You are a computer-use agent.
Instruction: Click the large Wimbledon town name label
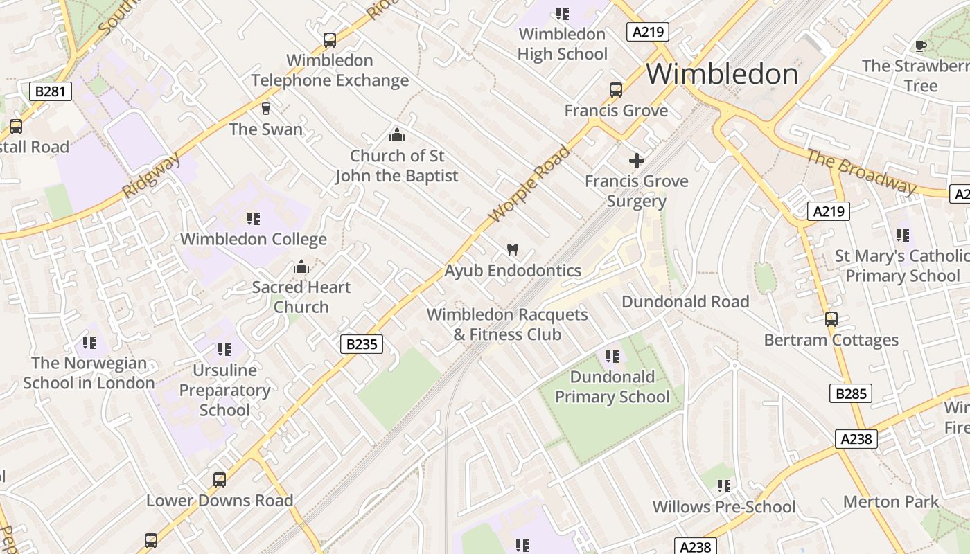click(722, 74)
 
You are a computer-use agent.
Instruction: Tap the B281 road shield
click(51, 91)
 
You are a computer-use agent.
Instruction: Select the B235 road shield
click(362, 343)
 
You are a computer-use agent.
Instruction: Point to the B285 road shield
click(851, 394)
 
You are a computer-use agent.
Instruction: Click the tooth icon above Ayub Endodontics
click(513, 250)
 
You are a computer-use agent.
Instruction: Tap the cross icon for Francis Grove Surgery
click(636, 161)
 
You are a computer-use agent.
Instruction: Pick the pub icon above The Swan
click(265, 108)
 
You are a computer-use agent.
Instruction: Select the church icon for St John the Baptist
click(396, 134)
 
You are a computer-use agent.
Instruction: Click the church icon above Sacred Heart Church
click(301, 267)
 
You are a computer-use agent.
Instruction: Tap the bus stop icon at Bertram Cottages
click(831, 319)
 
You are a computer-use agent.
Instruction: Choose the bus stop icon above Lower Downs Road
click(219, 479)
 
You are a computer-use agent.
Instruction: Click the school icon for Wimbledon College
click(254, 219)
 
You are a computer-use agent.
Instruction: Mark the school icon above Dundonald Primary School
click(612, 357)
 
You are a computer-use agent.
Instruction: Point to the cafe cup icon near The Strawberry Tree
click(920, 46)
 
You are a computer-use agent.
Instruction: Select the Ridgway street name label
click(152, 176)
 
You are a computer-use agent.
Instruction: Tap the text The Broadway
click(861, 171)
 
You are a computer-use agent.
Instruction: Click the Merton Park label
click(891, 501)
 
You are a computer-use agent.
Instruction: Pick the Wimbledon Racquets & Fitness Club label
click(507, 324)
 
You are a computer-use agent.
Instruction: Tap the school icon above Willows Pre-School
click(724, 486)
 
